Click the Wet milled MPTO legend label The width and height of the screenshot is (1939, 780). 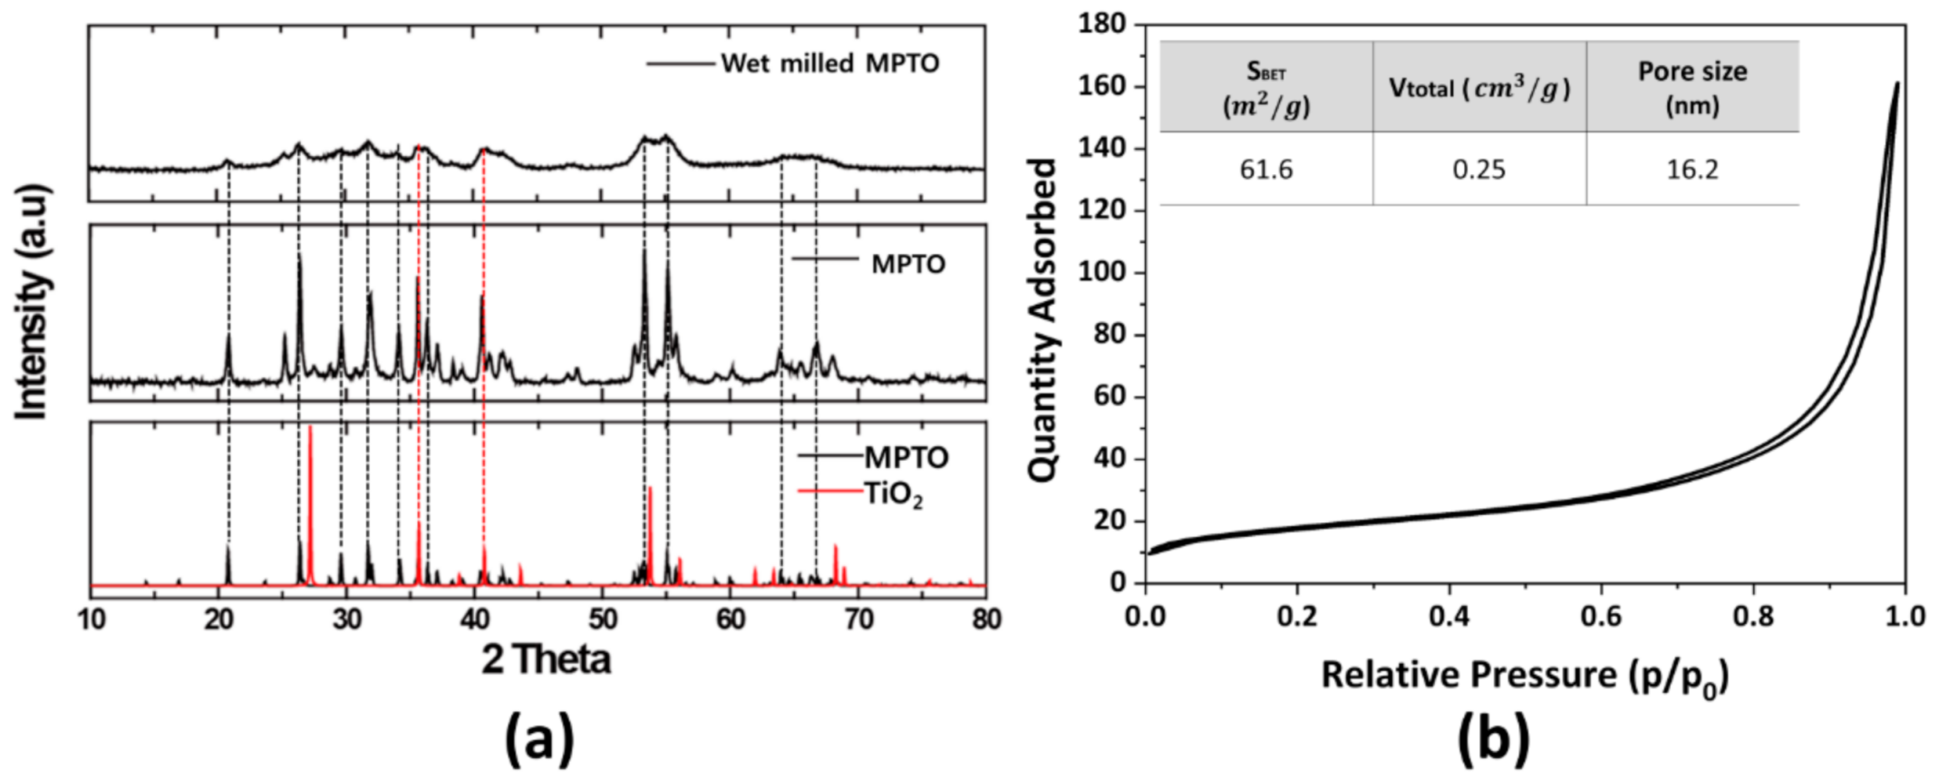point(829,63)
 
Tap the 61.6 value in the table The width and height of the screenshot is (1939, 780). point(1265,170)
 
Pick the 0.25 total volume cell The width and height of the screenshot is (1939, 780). point(1478,170)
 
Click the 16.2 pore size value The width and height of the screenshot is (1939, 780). point(1692,170)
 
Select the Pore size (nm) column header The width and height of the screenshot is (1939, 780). point(1692,88)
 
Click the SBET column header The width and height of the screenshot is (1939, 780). point(1265,88)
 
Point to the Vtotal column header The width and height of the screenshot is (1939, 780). point(1478,88)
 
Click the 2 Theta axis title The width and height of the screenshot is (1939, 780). point(546,659)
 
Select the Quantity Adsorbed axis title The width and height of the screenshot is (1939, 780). point(1043,319)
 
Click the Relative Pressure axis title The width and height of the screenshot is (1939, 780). point(1524,677)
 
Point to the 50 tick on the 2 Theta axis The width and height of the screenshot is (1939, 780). point(603,620)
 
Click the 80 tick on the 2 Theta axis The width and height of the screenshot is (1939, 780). point(985,620)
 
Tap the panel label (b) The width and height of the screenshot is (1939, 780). point(1493,738)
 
